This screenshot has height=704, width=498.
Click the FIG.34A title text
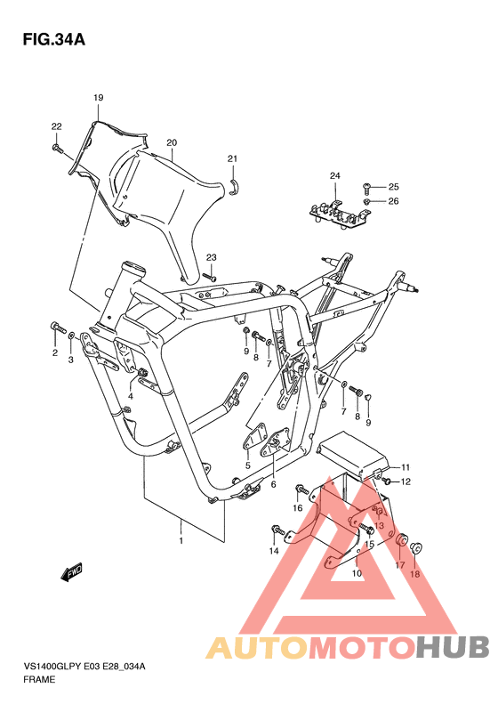[54, 40]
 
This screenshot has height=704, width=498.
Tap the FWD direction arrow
[72, 572]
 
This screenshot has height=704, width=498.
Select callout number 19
[99, 97]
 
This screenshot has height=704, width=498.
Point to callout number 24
[335, 175]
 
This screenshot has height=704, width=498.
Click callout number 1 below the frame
[181, 541]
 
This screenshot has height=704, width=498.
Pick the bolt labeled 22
[59, 149]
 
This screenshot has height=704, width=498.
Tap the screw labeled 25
[366, 186]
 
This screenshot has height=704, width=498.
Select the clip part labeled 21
[234, 187]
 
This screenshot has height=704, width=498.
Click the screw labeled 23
[210, 277]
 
